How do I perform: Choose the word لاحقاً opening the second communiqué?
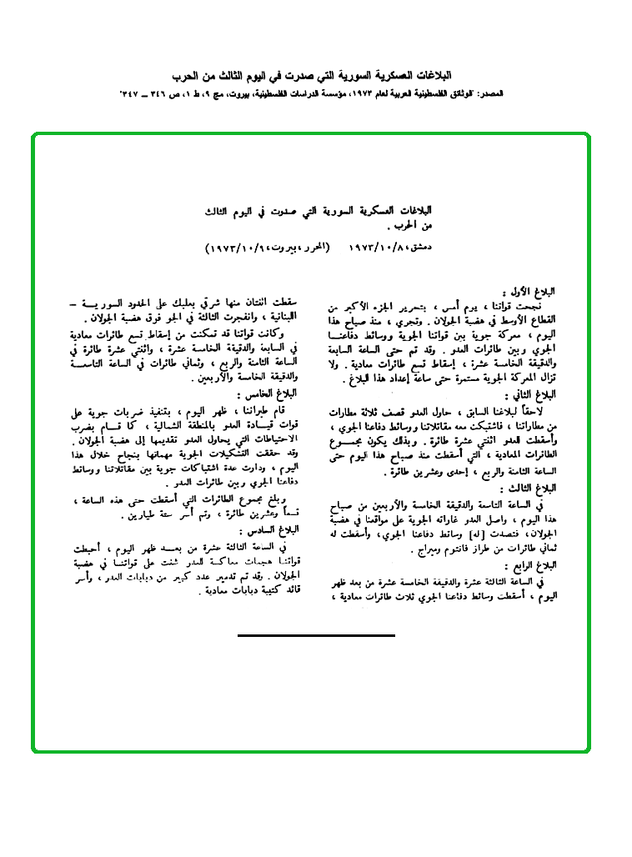pyautogui.click(x=538, y=411)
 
